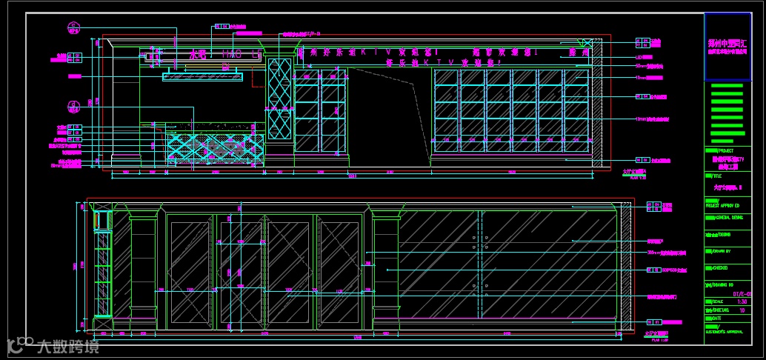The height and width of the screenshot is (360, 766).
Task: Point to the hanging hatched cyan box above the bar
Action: (203, 76)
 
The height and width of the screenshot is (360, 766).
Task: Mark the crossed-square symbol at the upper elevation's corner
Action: (587, 43)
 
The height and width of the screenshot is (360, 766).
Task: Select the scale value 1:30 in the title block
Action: (742, 302)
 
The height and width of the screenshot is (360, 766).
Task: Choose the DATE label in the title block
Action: (719, 318)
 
